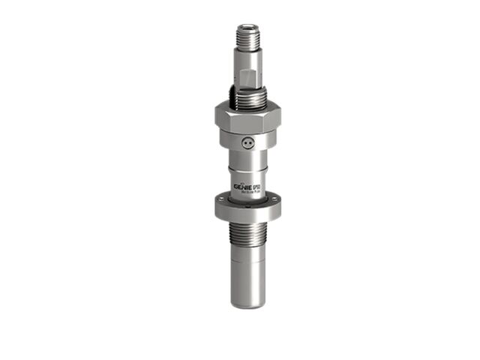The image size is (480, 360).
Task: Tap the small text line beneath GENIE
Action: click(x=247, y=191)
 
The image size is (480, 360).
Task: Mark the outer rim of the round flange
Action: click(x=248, y=212)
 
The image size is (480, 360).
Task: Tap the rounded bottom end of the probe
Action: click(x=248, y=304)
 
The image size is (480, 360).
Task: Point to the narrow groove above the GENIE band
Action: click(x=248, y=169)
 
